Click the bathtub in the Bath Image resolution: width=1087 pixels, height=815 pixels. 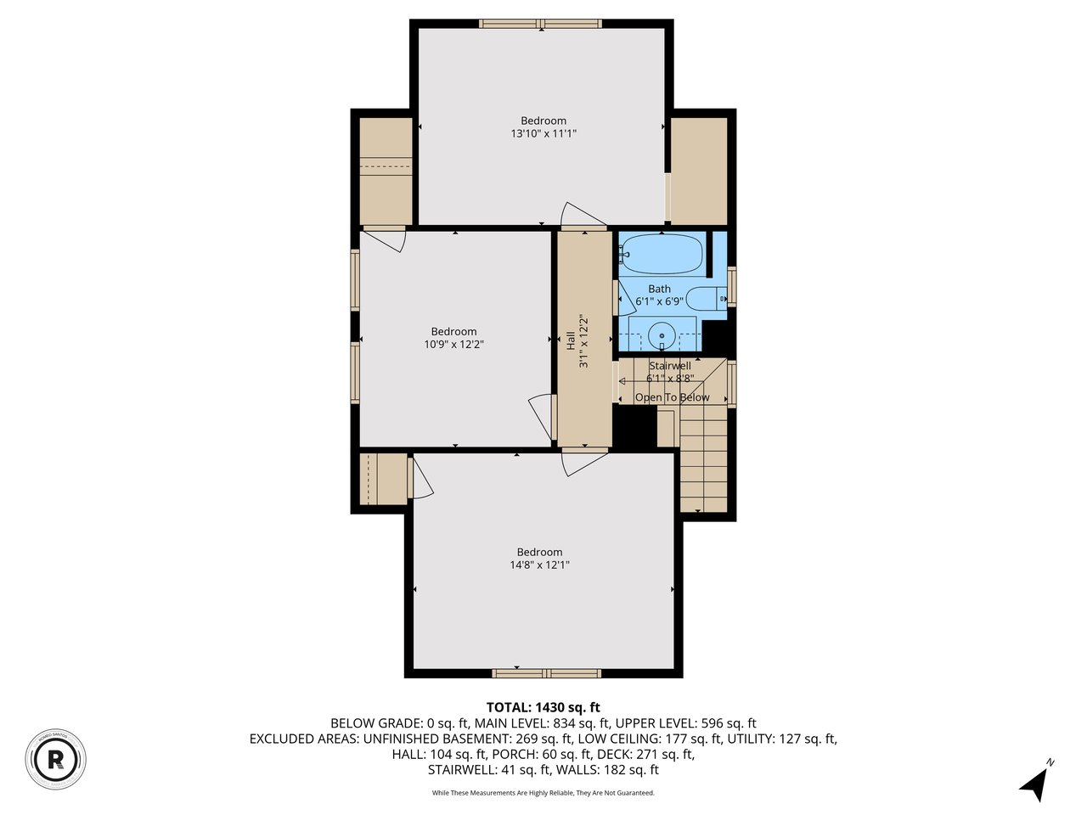click(x=662, y=252)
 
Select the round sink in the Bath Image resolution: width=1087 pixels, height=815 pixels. click(x=662, y=335)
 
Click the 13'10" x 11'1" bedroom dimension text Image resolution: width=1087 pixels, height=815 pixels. click(x=543, y=133)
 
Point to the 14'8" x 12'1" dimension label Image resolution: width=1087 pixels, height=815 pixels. click(x=539, y=565)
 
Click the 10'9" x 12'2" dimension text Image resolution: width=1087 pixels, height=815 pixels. click(x=454, y=344)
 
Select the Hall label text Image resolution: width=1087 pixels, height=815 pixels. click(x=571, y=340)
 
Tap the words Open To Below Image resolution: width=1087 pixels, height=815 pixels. click(x=672, y=397)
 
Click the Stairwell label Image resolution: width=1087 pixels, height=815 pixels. click(x=670, y=366)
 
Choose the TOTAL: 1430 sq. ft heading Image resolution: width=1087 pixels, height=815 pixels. click(x=543, y=707)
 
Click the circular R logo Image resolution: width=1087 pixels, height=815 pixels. click(x=56, y=756)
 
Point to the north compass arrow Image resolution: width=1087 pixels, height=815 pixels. click(x=1034, y=783)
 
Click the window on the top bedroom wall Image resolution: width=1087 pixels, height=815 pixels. click(x=540, y=24)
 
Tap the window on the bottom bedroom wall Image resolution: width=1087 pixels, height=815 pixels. click(x=547, y=673)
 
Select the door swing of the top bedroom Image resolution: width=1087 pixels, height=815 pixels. click(x=582, y=216)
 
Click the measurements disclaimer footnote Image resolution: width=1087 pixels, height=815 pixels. click(x=543, y=793)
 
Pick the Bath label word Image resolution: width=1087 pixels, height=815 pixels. click(x=659, y=289)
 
